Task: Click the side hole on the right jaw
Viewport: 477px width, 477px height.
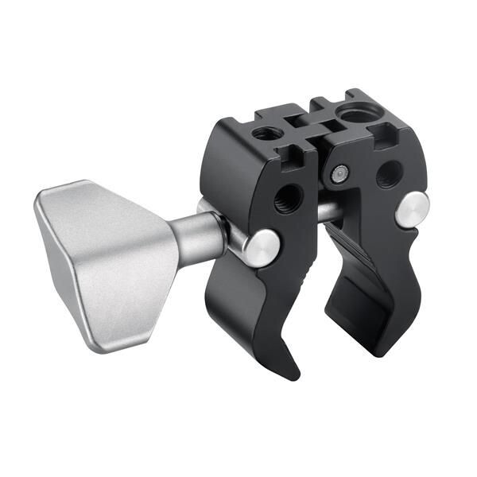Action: pyautogui.click(x=389, y=173)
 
